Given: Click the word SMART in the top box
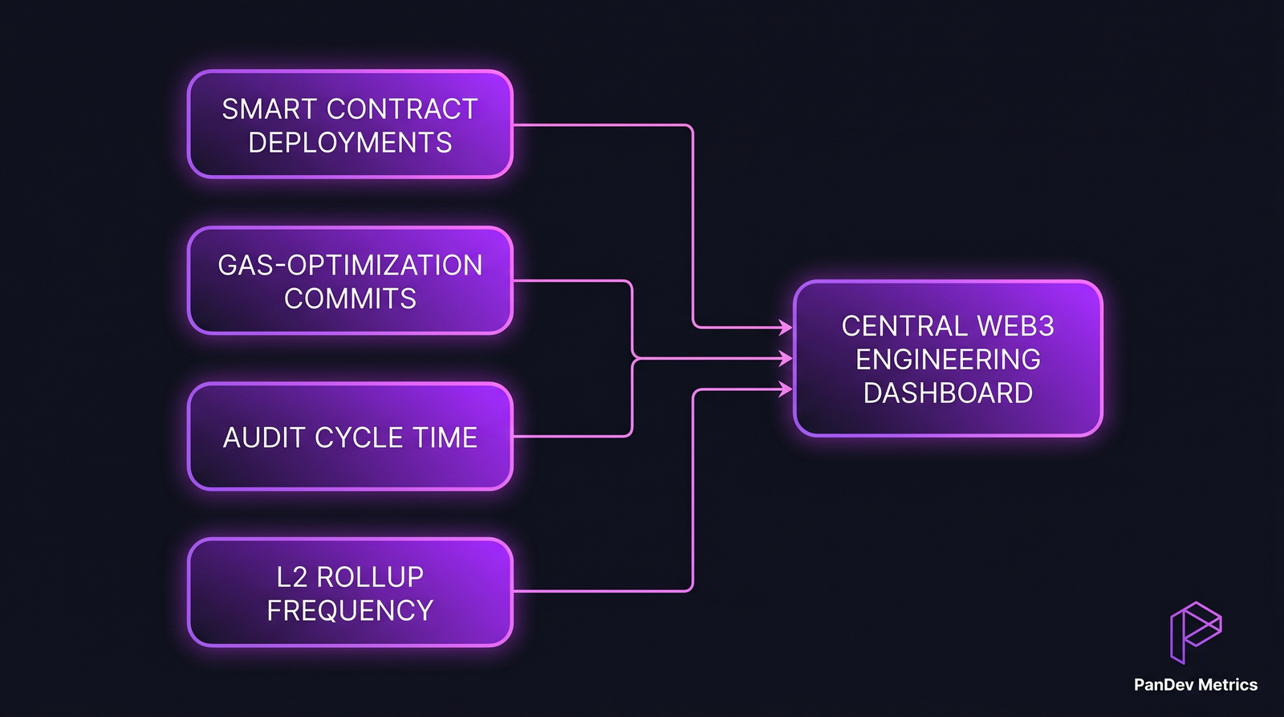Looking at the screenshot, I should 270,109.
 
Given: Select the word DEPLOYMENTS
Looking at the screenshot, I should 350,143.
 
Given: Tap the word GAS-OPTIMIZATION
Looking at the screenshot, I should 350,265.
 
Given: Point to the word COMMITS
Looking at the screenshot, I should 350,299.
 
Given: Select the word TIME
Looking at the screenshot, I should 445,438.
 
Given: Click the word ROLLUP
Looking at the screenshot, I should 370,577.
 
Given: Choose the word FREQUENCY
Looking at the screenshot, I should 350,611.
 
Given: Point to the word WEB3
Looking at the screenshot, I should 1016,326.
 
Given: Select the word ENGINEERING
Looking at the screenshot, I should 948,360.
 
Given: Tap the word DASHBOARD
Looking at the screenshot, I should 948,393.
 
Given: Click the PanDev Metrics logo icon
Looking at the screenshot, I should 1195,632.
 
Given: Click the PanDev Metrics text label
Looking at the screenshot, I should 1195,685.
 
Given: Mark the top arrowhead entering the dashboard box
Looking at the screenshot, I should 786,327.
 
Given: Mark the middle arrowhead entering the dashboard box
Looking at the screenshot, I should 786,359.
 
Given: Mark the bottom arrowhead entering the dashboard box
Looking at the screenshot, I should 786,389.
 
